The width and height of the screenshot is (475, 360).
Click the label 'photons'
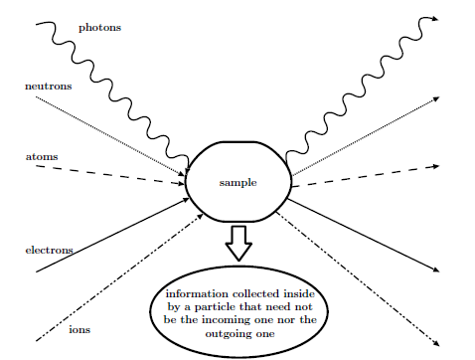(x=99, y=28)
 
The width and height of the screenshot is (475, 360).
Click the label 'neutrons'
(x=48, y=87)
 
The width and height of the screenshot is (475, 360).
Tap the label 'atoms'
(x=41, y=157)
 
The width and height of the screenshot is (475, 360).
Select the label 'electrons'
(x=49, y=250)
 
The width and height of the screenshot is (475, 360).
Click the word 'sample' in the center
(x=238, y=183)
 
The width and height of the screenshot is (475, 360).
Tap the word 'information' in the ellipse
(x=202, y=294)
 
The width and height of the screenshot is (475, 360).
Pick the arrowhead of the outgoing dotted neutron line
(x=434, y=98)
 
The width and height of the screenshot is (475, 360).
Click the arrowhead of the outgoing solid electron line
(x=433, y=270)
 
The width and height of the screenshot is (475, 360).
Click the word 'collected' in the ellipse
(x=263, y=294)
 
